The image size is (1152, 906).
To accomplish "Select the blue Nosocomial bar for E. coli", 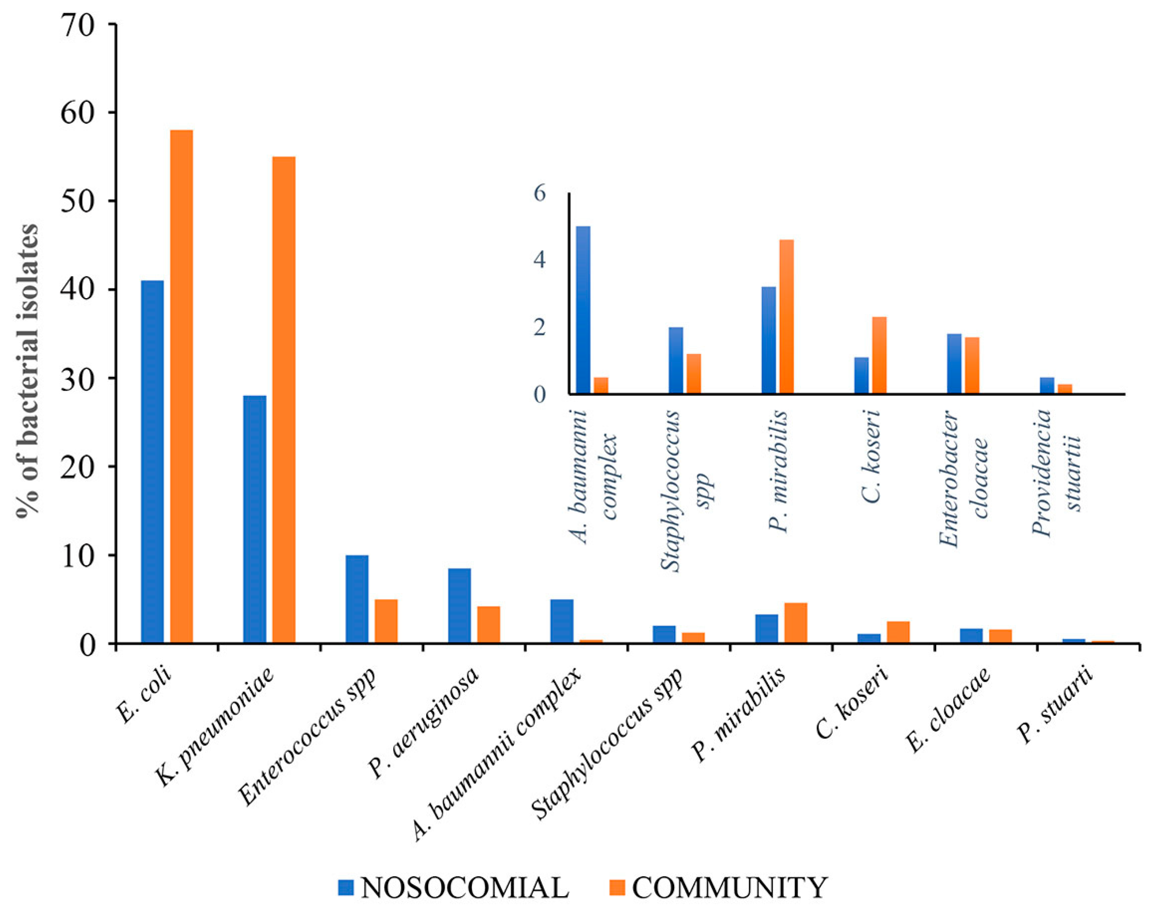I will click(152, 461).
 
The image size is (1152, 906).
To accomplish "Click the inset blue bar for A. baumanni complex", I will click(583, 310).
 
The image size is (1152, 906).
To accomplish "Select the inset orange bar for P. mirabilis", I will click(786, 317).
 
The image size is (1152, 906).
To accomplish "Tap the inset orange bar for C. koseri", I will click(879, 355).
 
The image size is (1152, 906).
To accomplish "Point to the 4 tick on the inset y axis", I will click(539, 260).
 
